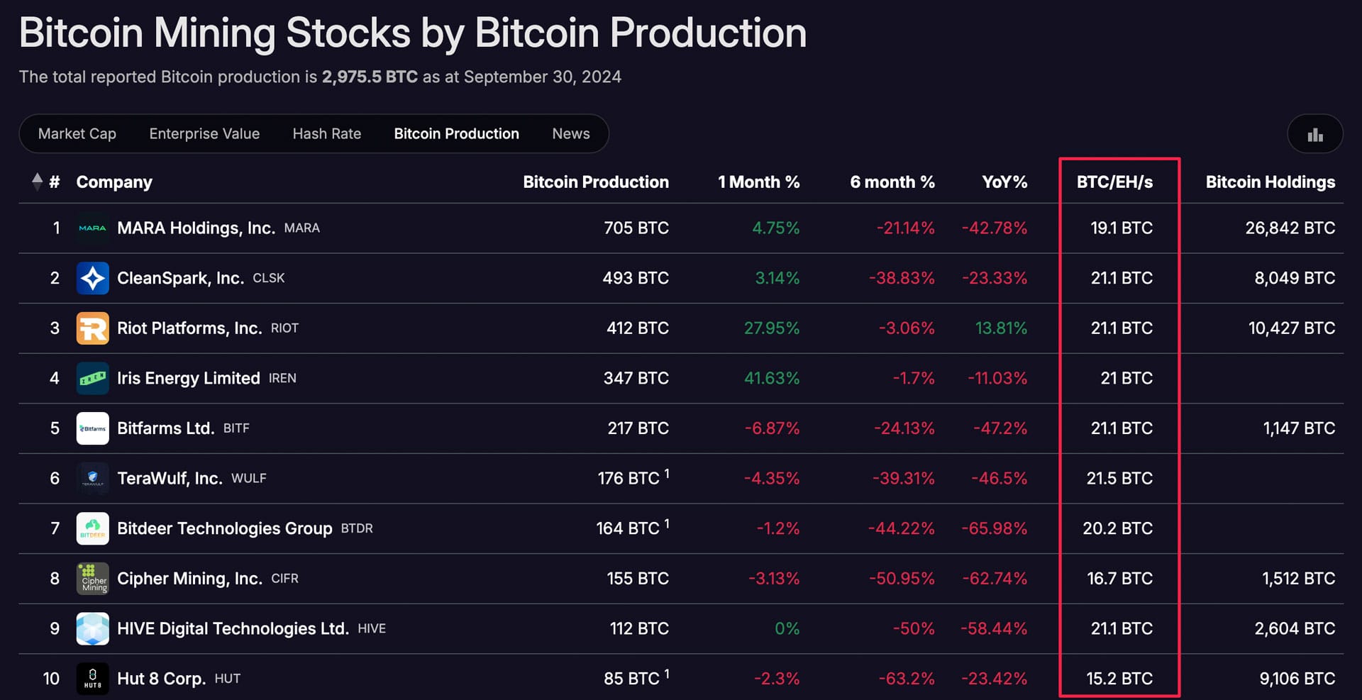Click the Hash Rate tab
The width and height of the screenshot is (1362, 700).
(326, 133)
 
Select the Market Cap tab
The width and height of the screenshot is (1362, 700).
(77, 133)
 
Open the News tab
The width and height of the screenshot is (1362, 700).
(570, 133)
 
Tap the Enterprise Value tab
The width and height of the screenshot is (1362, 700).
(204, 133)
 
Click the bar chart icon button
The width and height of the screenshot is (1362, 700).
(1314, 134)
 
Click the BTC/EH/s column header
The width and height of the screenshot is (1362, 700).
(1114, 182)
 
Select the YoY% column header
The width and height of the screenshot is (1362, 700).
(1004, 182)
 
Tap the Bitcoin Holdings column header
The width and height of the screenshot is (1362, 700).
(1270, 182)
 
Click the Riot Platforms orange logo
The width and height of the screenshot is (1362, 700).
(93, 328)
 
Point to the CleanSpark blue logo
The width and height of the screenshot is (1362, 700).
(93, 278)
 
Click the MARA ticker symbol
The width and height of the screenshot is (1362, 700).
(301, 228)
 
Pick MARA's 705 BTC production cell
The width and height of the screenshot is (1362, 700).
(636, 228)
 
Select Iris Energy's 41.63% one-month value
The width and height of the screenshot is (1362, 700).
(771, 378)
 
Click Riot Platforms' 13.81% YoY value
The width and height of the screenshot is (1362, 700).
(1000, 328)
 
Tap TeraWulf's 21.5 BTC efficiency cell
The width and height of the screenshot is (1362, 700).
(1119, 479)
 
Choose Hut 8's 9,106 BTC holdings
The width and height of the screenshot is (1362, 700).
(1297, 679)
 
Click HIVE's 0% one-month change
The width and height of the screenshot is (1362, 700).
(787, 629)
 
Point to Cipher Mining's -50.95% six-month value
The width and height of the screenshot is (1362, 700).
(901, 579)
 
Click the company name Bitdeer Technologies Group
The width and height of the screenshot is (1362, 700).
(224, 528)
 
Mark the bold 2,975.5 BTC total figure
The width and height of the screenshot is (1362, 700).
(370, 77)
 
